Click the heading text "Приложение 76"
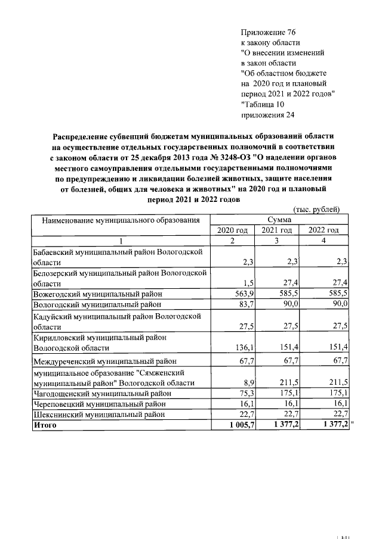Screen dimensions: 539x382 tap(268, 32)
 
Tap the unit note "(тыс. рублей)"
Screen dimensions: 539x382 tap(316, 209)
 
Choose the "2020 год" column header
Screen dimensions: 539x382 tap(232, 230)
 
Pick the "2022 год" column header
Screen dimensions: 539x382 tap(324, 230)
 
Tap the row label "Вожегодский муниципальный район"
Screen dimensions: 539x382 tap(98, 294)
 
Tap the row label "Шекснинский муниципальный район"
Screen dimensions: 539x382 tap(98, 415)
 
